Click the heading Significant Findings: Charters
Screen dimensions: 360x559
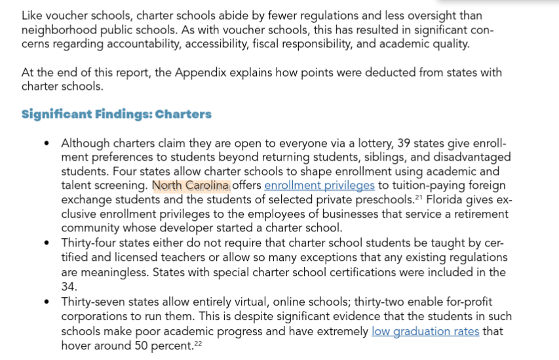pos(116,114)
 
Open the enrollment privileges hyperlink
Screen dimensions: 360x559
pos(319,186)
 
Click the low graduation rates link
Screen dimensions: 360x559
pos(425,331)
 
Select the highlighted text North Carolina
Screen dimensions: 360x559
pos(191,186)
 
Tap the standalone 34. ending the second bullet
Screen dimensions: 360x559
pos(69,286)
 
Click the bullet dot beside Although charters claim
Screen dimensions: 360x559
pos(46,144)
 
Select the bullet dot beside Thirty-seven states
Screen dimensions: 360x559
pos(46,302)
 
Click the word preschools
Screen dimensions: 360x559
pos(383,199)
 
